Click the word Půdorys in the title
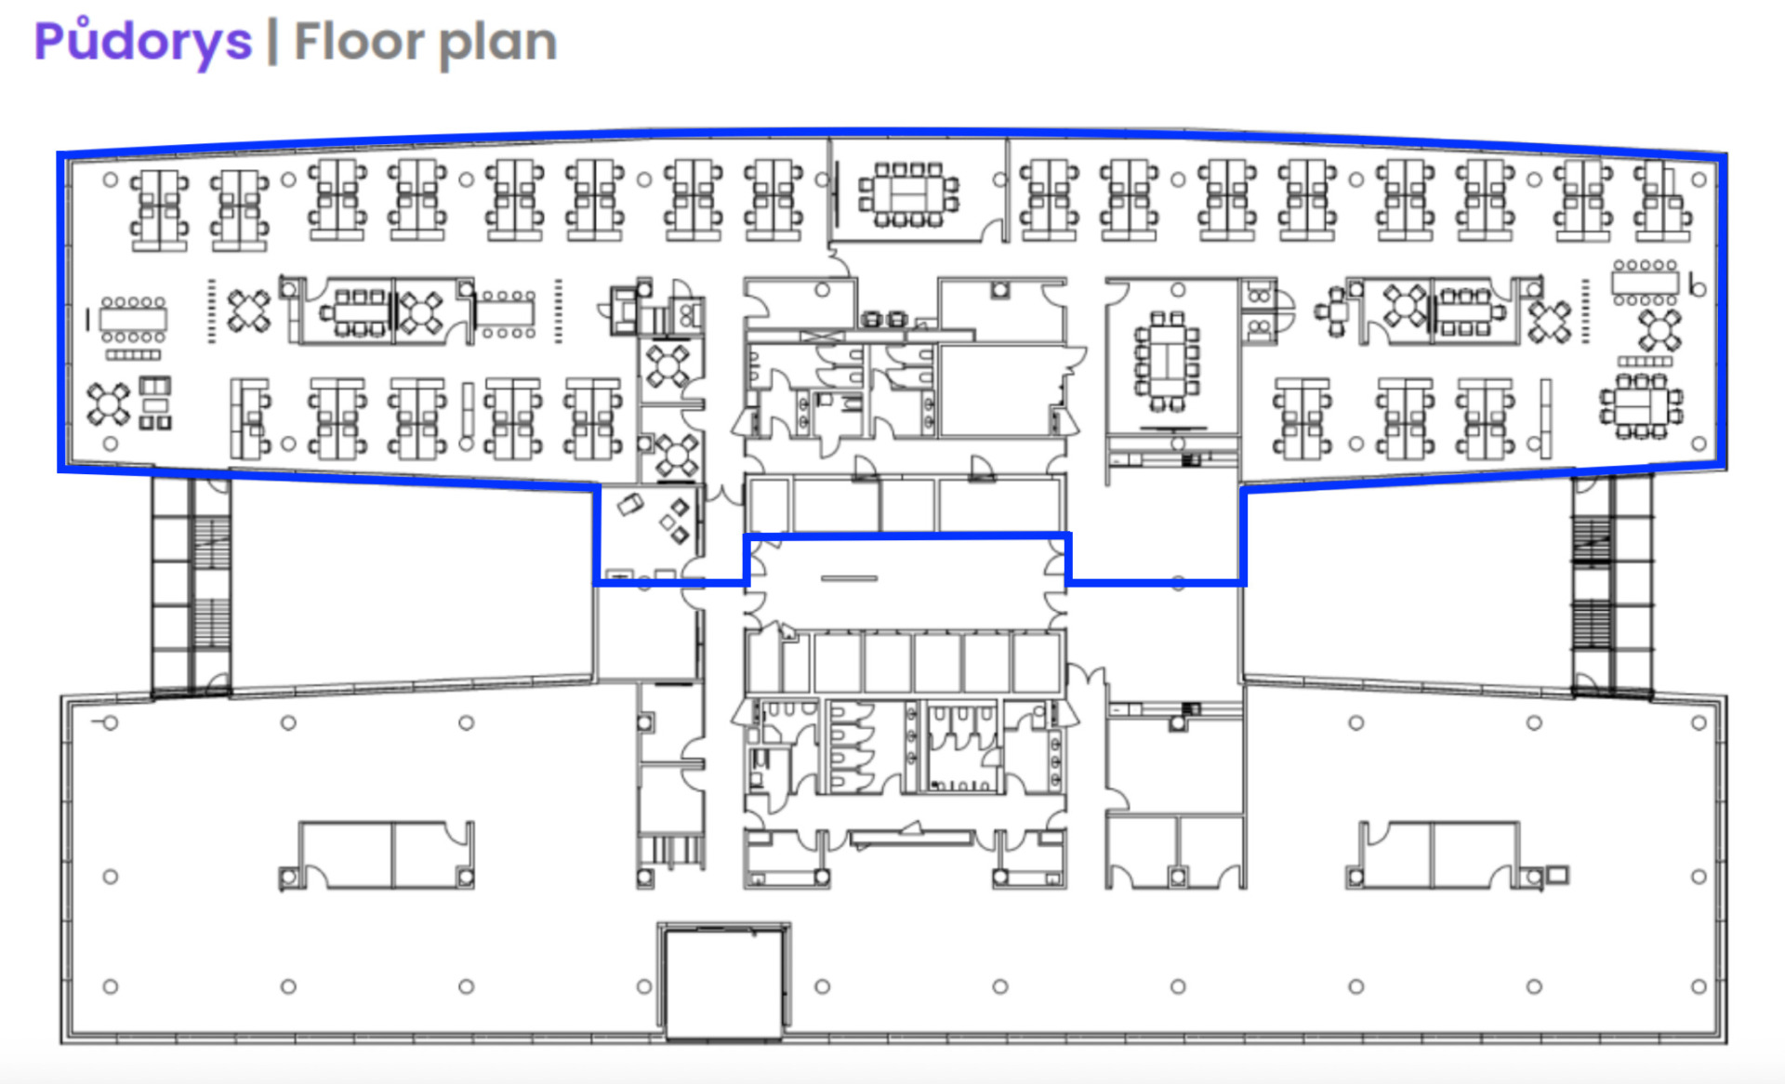pyautogui.click(x=143, y=42)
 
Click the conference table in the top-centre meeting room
pyautogui.click(x=909, y=194)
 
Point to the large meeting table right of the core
pyautogui.click(x=1166, y=362)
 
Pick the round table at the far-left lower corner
pyautogui.click(x=108, y=403)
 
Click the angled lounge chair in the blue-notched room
pyautogui.click(x=630, y=505)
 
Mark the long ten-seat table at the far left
pyautogui.click(x=133, y=320)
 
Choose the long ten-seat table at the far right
pyautogui.click(x=1646, y=282)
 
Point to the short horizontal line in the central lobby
pyautogui.click(x=849, y=578)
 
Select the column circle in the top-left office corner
pyautogui.click(x=111, y=179)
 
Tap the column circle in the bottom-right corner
pyautogui.click(x=1699, y=986)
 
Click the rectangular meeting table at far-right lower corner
pyautogui.click(x=1642, y=406)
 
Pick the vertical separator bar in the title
pyautogui.click(x=272, y=43)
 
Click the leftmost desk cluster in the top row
pyautogui.click(x=159, y=210)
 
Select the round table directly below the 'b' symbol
pyautogui.click(x=1659, y=330)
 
